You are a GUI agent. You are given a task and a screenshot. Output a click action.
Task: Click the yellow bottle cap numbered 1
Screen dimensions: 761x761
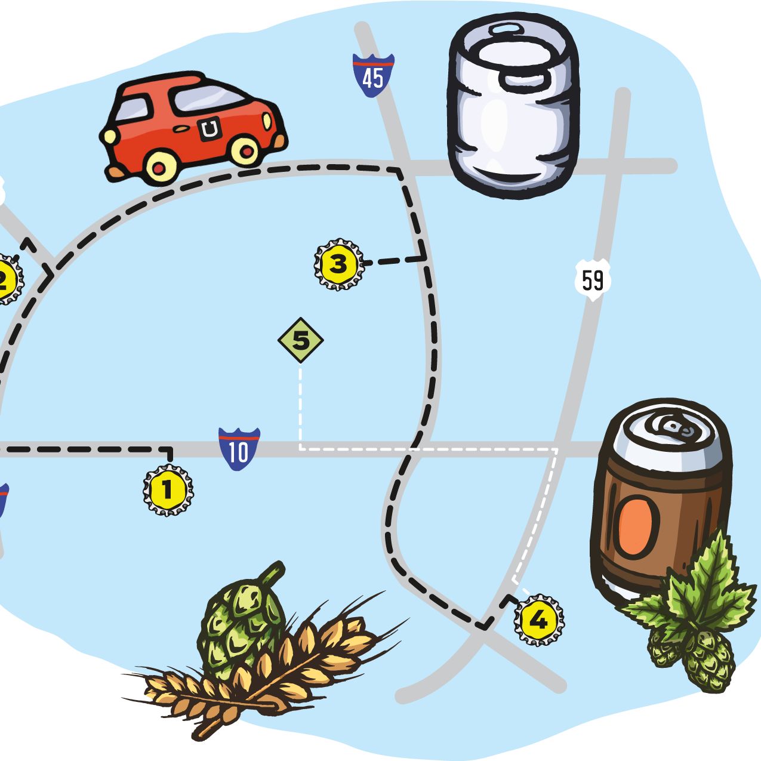click(x=168, y=491)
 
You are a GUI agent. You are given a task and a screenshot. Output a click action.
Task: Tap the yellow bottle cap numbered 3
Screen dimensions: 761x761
click(x=338, y=264)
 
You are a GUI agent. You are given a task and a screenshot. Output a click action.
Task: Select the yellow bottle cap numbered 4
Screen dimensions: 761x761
click(x=538, y=620)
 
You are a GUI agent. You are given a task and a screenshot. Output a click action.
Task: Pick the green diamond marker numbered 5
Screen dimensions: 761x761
click(x=301, y=341)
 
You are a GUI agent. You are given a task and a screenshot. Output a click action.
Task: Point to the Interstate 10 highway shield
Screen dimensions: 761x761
click(x=239, y=449)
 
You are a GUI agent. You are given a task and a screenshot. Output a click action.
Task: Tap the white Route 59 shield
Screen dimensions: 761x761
click(x=593, y=279)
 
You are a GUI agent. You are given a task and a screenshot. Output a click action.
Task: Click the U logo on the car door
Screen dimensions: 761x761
click(x=209, y=130)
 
